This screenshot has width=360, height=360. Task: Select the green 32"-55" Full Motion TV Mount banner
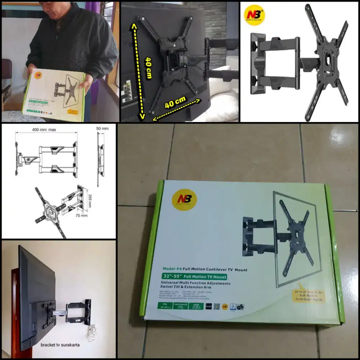pyautogui.click(x=195, y=276)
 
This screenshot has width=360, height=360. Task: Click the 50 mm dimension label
pyautogui.click(x=102, y=129)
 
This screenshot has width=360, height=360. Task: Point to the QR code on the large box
pyautogui.click(x=216, y=306)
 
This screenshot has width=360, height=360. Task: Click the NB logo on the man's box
pyautogui.click(x=38, y=77)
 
